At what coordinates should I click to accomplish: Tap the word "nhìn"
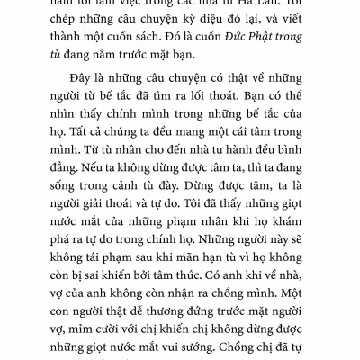pyautogui.click(x=69, y=154)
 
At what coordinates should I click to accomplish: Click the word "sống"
pyautogui.click(x=70, y=240)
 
